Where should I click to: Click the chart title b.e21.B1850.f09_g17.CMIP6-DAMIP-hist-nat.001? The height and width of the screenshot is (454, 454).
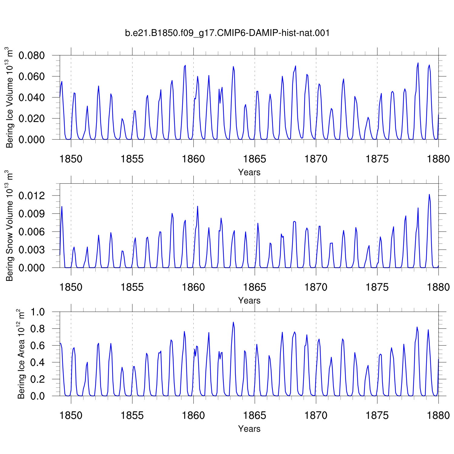click(x=227, y=33)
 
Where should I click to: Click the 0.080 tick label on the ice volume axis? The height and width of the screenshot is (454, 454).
click(x=31, y=56)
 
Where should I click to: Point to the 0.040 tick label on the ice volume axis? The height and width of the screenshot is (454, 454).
click(x=31, y=97)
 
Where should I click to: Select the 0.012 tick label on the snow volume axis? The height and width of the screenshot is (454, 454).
click(x=31, y=196)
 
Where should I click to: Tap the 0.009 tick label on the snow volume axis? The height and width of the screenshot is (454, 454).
click(x=31, y=214)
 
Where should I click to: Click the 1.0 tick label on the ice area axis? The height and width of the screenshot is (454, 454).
click(x=38, y=312)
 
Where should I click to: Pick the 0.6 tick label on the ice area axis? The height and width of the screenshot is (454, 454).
click(x=38, y=345)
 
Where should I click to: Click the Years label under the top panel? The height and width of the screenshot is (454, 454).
click(x=249, y=172)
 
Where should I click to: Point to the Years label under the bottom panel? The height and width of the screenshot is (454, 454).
click(x=249, y=429)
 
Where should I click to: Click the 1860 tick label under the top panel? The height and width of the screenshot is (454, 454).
click(x=193, y=159)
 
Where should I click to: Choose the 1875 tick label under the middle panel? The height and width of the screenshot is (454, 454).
click(x=377, y=287)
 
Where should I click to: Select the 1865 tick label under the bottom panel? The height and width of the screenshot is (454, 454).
click(x=255, y=415)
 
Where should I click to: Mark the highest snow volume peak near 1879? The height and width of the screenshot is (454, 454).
click(x=429, y=194)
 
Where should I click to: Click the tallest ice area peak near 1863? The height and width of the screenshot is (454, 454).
click(x=233, y=322)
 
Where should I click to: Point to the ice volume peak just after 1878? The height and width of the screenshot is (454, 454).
click(x=418, y=63)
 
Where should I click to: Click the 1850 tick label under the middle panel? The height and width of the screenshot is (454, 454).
click(x=71, y=287)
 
